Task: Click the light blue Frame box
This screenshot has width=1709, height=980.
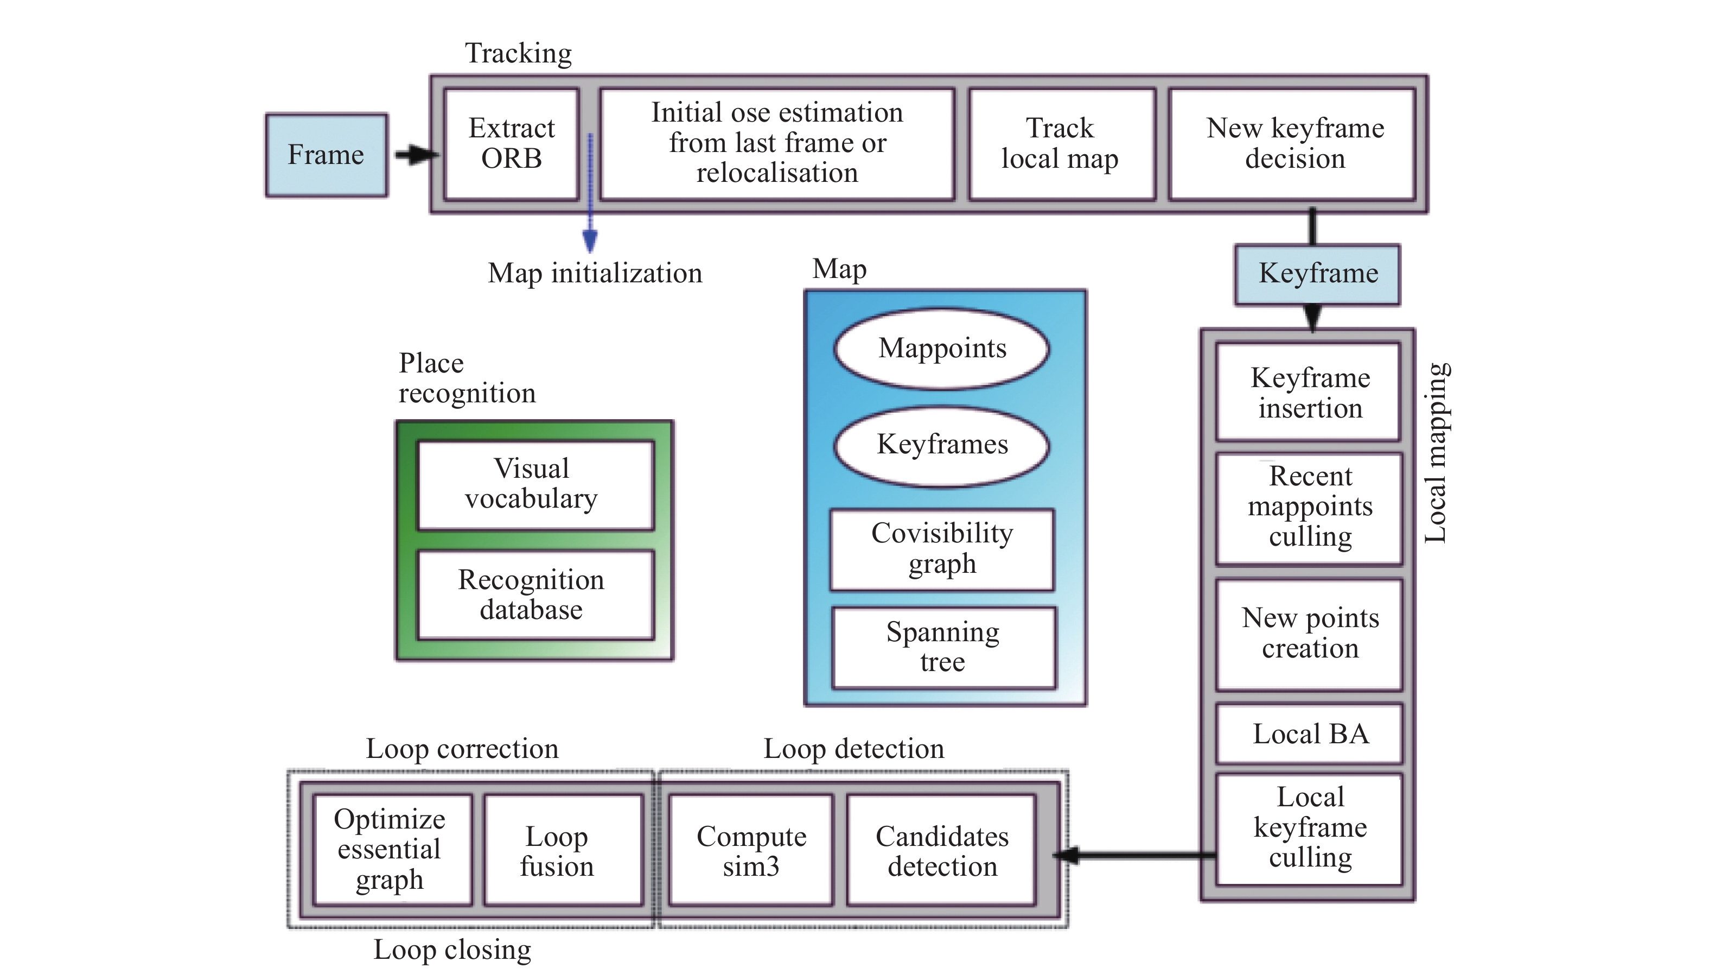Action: point(326,155)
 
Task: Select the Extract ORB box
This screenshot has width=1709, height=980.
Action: point(511,143)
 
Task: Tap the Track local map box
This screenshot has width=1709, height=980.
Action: point(1061,143)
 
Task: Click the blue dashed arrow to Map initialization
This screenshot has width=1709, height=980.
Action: point(590,195)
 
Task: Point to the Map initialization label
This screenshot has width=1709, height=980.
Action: point(595,273)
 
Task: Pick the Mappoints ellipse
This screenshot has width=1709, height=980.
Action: point(942,349)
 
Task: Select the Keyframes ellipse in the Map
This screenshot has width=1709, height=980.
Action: point(942,445)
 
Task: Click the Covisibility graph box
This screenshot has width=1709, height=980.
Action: point(942,548)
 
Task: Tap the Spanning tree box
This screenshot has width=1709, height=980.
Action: point(943,647)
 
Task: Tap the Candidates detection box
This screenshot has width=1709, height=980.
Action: point(942,851)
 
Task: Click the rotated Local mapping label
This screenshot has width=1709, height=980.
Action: point(1436,453)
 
